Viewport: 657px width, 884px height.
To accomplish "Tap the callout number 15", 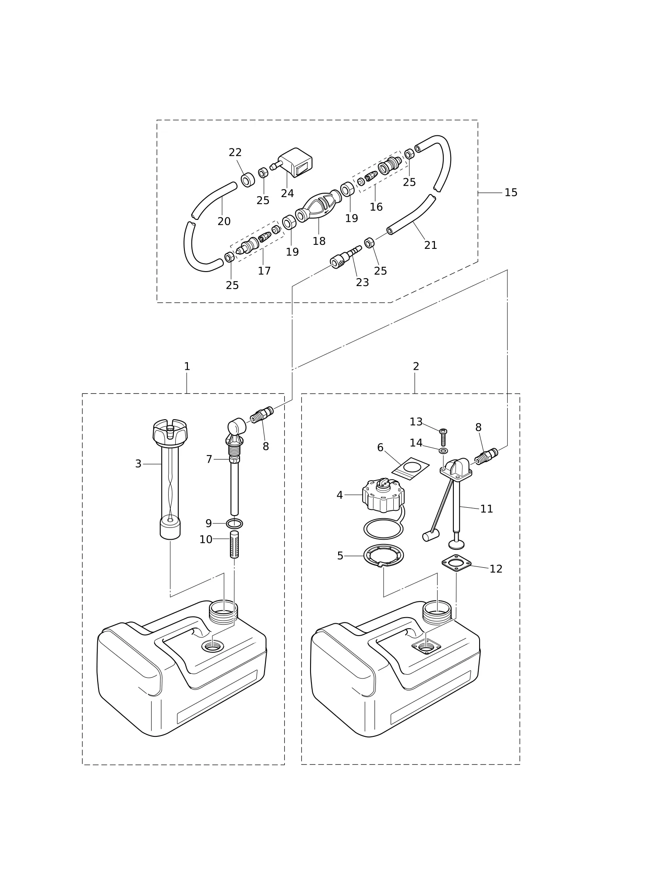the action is tap(511, 192).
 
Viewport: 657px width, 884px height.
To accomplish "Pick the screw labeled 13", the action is tap(443, 437).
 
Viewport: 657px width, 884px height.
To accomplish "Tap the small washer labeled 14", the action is tap(443, 451).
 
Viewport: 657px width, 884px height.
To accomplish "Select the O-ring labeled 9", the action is tap(234, 523).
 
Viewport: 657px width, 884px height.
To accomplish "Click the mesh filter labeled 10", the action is tap(234, 544).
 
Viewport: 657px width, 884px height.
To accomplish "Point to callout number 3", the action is tap(138, 464).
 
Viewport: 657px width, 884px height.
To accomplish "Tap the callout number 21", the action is tap(431, 245).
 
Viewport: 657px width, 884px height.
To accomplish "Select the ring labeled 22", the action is tap(248, 179).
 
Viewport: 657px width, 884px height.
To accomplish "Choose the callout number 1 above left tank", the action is tap(187, 366).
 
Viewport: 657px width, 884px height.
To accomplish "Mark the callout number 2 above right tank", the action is tap(416, 366).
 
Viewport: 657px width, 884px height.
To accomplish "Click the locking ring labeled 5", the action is tap(383, 555).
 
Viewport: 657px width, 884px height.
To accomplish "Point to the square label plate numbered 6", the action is tap(410, 468).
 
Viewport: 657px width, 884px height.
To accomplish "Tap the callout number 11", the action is tap(487, 509).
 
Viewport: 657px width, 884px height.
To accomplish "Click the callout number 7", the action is tap(209, 459).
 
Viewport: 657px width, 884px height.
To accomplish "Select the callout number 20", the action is tap(224, 222).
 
